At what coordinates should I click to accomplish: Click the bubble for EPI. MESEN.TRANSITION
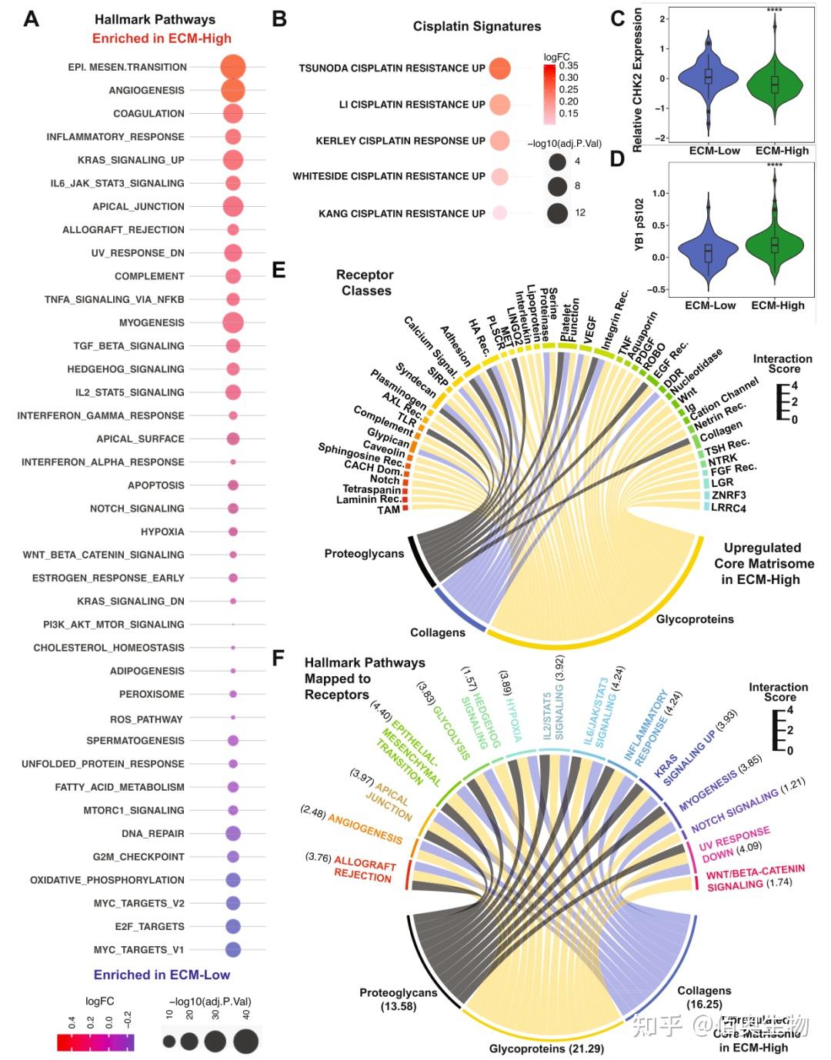point(232,67)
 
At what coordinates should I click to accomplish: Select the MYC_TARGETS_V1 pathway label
point(138,949)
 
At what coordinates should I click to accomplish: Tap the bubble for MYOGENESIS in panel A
point(232,323)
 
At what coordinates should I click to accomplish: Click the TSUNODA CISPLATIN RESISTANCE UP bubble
point(499,68)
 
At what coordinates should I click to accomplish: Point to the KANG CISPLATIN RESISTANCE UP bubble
point(499,213)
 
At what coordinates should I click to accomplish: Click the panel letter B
point(280,19)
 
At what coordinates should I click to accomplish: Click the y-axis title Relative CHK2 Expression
point(637,80)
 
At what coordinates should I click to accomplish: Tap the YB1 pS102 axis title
point(639,231)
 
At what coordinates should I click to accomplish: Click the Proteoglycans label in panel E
point(364,553)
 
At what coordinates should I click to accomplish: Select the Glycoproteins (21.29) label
point(546,1048)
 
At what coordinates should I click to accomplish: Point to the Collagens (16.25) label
point(704,997)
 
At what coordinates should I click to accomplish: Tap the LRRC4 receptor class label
point(728,508)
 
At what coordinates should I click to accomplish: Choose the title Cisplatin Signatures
point(476,26)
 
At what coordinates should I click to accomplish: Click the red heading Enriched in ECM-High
point(162,38)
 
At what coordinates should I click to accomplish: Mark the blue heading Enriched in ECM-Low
point(162,975)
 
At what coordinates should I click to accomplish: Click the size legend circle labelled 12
point(558,212)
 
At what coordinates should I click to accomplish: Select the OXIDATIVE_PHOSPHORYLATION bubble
point(232,880)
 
